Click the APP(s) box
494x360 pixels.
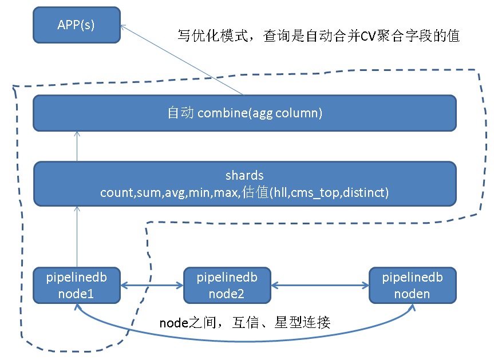click(77, 25)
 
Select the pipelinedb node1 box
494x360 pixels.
click(77, 286)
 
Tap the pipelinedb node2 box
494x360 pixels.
click(227, 286)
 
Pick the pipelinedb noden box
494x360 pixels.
click(412, 286)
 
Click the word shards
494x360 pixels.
click(244, 176)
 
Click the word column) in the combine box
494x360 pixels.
click(299, 113)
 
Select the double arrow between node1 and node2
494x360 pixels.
click(152, 286)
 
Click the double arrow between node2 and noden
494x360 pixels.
click(320, 286)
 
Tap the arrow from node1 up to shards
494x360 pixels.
click(77, 237)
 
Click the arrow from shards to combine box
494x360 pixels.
click(77, 147)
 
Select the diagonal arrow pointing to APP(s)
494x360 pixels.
click(182, 60)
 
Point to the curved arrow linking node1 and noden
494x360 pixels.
click(244, 341)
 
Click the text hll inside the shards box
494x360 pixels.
click(279, 192)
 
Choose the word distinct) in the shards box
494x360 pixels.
click(366, 192)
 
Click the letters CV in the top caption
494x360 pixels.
click(368, 36)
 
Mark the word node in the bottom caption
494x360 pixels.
click(174, 323)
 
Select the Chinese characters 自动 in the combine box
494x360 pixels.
click(180, 113)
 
